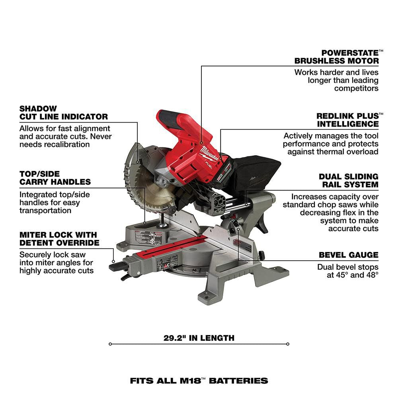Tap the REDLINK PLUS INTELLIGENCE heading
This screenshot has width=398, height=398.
(347, 120)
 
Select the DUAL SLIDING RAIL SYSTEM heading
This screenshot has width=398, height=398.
(349, 180)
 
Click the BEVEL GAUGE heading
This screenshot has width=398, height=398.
(349, 255)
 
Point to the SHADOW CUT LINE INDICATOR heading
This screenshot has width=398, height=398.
(63, 113)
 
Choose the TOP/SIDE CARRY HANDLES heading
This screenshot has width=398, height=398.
(55, 178)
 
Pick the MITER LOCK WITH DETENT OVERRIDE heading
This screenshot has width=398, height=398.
(59, 239)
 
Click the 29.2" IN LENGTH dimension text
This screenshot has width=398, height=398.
(199, 338)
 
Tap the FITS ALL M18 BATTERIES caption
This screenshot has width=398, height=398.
(199, 380)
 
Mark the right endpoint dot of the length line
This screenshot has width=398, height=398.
(288, 344)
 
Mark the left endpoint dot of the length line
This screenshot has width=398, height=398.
(110, 344)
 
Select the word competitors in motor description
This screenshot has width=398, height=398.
(356, 88)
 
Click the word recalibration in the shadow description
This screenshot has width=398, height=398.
(64, 144)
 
